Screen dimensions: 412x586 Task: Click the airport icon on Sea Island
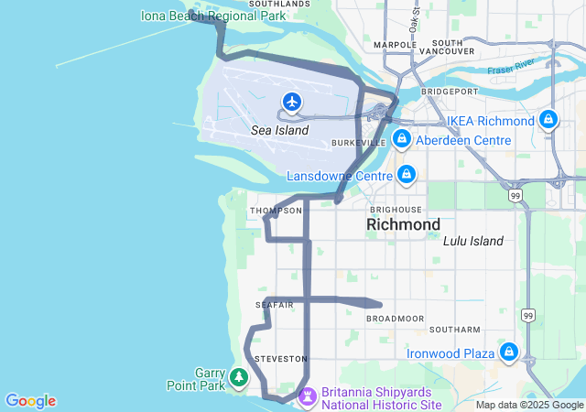292,102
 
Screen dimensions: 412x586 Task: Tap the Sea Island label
279,131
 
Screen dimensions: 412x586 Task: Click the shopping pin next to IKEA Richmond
548,120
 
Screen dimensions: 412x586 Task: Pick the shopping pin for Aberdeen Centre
401,139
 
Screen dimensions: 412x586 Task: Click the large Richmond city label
403,224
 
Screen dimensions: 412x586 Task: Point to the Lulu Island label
473,241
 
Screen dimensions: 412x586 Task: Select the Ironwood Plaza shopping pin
509,352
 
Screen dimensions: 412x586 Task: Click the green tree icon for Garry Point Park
239,376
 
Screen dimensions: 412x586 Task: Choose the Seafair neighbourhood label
274,304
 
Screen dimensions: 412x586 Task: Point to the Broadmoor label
395,319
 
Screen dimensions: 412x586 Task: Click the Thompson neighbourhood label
276,211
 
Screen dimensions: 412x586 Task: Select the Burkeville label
358,145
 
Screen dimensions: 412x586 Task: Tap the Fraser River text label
511,68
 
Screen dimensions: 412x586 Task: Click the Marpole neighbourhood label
396,44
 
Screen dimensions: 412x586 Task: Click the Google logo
30,401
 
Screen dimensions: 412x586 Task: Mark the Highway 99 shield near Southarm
527,315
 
